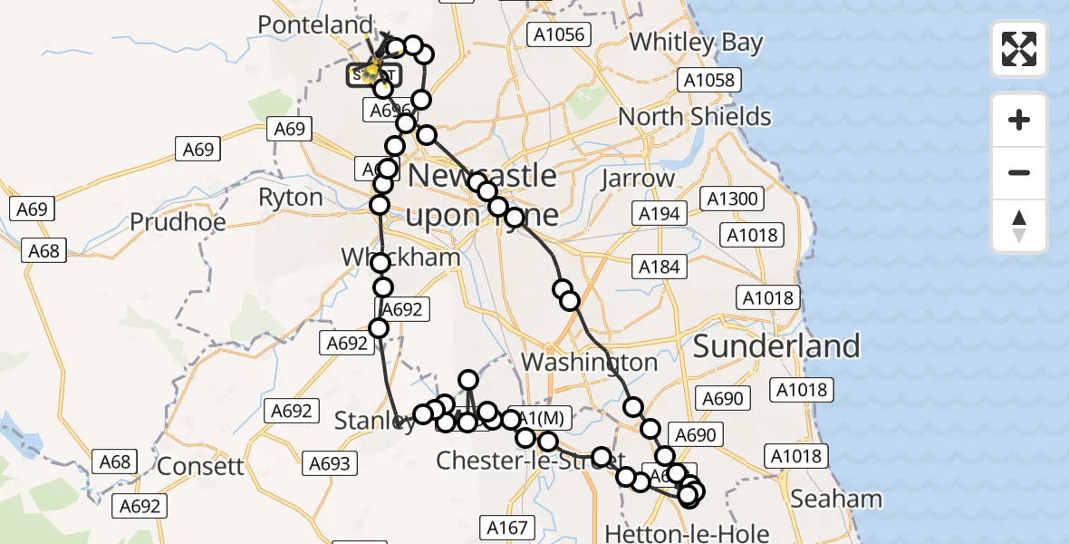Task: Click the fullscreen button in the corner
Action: [1019, 48]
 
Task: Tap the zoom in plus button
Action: [1019, 120]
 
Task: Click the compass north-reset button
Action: [1019, 227]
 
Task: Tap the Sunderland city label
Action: [776, 345]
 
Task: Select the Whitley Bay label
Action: [696, 43]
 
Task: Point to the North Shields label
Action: [694, 116]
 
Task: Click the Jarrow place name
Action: [638, 179]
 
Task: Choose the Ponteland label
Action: [314, 24]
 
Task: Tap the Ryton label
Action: [290, 197]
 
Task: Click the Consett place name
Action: [200, 466]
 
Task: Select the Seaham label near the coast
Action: [835, 498]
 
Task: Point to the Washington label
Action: [590, 362]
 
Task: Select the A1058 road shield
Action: [709, 81]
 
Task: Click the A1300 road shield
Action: [734, 199]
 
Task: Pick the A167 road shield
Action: [506, 527]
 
